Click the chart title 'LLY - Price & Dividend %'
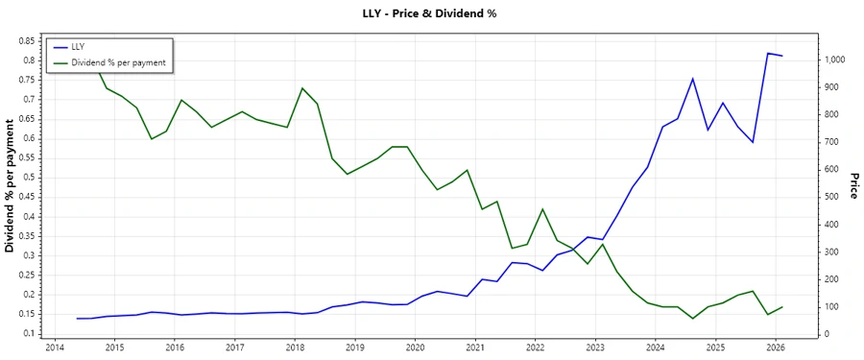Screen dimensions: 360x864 click(x=431, y=13)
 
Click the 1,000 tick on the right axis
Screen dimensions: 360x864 click(x=831, y=60)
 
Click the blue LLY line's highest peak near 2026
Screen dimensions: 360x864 click(x=768, y=54)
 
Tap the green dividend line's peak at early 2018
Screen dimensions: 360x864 click(x=302, y=88)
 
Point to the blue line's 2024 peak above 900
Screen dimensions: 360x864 click(x=693, y=79)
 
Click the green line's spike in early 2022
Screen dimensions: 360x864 click(x=542, y=209)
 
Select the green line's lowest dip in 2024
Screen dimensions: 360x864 click(x=693, y=319)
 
